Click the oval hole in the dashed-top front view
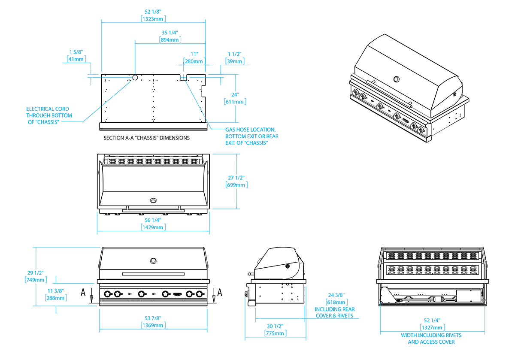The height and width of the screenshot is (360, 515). coord(153,200)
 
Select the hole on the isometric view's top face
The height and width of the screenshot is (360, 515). coord(396,79)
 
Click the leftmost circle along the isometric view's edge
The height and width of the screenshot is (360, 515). coord(356,92)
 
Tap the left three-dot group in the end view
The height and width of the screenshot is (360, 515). coord(397,293)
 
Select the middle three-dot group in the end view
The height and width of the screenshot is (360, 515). coord(421,293)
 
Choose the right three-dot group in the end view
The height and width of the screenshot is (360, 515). coord(448,293)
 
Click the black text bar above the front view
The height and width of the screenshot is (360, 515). coord(142,139)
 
